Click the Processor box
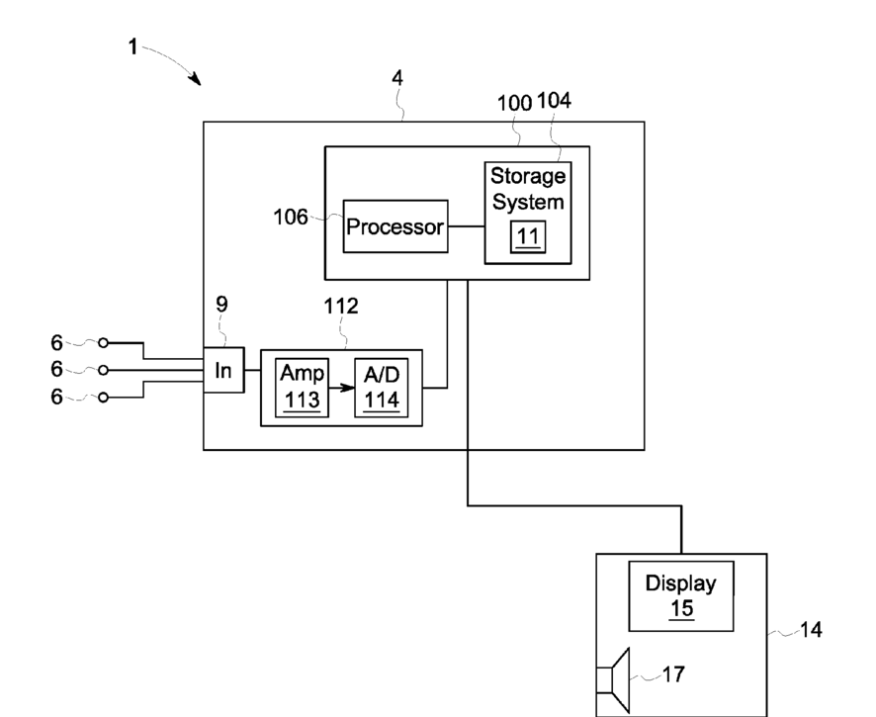click(x=394, y=226)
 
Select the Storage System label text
click(x=528, y=189)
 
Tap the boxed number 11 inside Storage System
click(x=528, y=237)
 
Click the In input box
click(x=223, y=370)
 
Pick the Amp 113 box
click(x=302, y=388)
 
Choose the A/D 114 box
click(x=382, y=388)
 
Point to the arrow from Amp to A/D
click(x=341, y=388)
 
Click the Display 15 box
click(x=681, y=596)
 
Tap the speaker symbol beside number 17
click(x=613, y=680)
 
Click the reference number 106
click(x=290, y=217)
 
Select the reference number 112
click(x=341, y=307)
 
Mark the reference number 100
click(x=514, y=104)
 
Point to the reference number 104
click(x=555, y=101)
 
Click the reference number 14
click(x=811, y=630)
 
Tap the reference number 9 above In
click(x=221, y=305)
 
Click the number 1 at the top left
click(x=132, y=46)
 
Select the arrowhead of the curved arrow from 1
click(x=196, y=79)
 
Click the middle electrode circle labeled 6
click(x=103, y=370)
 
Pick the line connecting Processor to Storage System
click(x=466, y=226)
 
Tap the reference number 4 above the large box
click(x=397, y=78)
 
